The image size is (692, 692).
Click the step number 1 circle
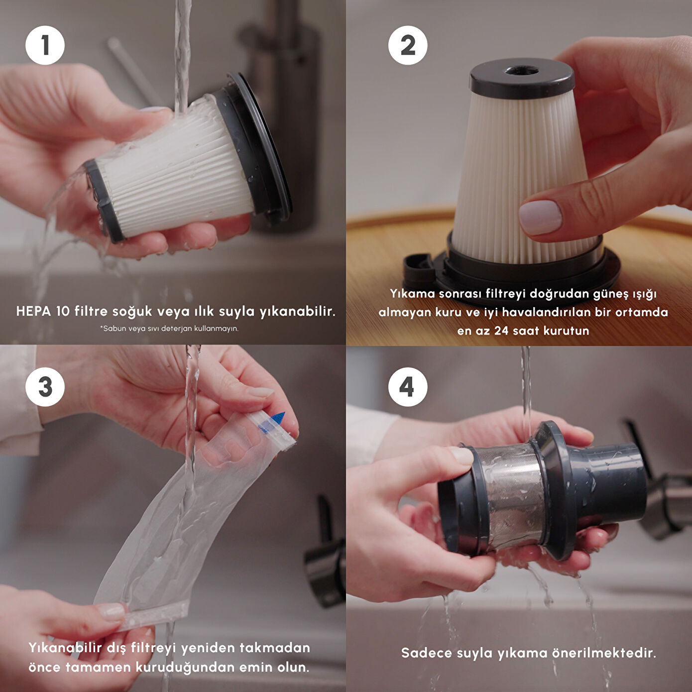[45, 46]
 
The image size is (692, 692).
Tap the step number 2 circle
[408, 46]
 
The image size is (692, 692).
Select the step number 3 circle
[45, 387]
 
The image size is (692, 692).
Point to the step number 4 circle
[408, 387]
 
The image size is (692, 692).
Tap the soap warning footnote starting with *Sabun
[169, 329]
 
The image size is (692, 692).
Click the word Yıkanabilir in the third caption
[65, 648]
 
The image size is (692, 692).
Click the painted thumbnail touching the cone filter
[540, 217]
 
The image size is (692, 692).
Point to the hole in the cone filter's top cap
[521, 70]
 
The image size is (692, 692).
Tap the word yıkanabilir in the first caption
[297, 311]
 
